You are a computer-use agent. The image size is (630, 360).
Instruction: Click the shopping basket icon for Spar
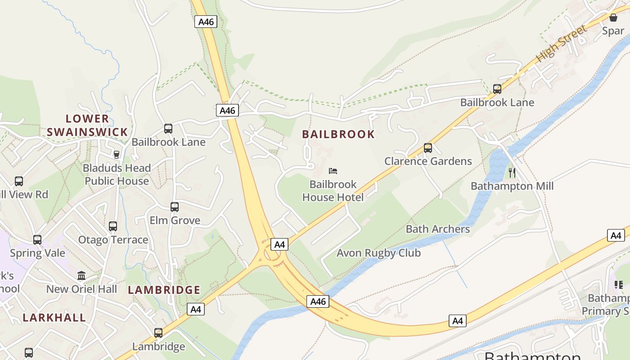point(613,18)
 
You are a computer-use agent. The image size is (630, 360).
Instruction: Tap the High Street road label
point(562,44)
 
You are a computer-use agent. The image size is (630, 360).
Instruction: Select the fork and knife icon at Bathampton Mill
point(512,172)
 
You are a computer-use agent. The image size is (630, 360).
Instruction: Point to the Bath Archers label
point(437,229)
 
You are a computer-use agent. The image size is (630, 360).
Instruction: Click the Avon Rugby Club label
point(378,253)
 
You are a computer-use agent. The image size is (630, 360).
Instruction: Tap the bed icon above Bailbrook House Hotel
point(333,171)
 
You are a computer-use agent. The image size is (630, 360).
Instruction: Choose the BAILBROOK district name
point(338,134)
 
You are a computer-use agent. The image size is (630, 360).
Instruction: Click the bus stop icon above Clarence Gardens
point(427,148)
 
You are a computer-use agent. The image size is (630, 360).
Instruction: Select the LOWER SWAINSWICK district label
point(87,126)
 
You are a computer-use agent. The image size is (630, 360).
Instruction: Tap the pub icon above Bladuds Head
point(117,154)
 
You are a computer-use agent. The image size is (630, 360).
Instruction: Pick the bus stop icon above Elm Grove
point(175,207)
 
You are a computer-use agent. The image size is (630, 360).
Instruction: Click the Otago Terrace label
point(113,240)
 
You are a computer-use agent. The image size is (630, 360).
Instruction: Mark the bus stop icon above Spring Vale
point(37,239)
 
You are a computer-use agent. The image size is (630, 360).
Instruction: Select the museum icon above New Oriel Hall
point(81,275)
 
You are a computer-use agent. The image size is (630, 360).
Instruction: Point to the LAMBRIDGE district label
point(164,290)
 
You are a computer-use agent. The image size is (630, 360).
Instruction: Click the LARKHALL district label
point(54,318)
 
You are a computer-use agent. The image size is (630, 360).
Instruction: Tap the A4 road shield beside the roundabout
point(279,244)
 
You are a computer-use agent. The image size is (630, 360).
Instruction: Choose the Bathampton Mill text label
point(512,186)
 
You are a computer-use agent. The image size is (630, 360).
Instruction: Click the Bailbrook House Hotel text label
point(333,191)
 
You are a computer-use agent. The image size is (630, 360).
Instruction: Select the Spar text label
point(613,31)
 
